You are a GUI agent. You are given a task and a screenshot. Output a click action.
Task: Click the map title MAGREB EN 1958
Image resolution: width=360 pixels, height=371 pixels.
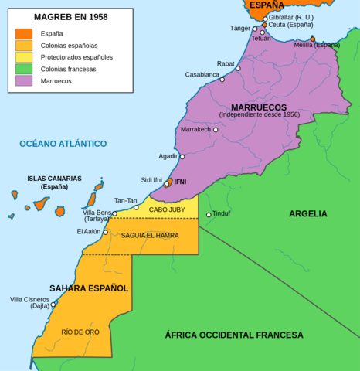70,16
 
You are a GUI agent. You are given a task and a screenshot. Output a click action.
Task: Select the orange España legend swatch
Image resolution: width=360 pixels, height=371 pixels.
23,33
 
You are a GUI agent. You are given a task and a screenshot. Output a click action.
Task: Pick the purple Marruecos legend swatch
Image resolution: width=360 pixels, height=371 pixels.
23,80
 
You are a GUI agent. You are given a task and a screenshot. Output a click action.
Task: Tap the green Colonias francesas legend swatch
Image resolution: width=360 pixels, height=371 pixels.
23,68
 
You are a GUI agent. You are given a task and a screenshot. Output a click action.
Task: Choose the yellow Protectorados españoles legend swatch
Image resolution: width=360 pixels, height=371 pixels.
23,56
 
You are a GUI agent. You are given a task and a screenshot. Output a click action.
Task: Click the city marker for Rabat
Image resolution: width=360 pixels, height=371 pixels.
238,68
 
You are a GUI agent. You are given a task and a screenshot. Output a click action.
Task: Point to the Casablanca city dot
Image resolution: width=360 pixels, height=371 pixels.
222,80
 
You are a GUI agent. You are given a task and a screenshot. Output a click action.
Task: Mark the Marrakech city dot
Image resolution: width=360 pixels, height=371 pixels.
216,130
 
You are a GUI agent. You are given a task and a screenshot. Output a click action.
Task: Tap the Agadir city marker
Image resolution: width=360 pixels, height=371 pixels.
182,156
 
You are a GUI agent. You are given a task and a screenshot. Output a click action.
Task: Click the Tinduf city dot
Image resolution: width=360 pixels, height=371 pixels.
209,214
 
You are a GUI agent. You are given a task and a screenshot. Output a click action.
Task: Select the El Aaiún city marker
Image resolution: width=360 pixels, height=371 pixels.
106,232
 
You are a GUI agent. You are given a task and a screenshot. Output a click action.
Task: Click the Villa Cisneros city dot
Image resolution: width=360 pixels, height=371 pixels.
53,304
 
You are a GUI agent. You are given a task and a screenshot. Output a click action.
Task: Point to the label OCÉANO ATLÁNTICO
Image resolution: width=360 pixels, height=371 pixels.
63,144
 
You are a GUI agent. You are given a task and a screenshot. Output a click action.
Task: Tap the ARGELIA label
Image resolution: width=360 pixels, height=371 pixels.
308,213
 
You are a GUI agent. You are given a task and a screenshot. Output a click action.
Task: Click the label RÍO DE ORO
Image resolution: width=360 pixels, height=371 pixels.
80,332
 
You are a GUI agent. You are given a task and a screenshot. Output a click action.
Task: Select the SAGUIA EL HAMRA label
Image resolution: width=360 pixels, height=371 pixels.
149,235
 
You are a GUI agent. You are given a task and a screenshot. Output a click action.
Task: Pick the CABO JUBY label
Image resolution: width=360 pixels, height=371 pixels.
167,209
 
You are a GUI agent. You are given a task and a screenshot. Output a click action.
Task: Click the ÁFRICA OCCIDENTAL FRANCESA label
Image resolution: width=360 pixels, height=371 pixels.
233,335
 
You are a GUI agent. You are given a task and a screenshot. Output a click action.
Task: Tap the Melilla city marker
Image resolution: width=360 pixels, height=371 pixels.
313,39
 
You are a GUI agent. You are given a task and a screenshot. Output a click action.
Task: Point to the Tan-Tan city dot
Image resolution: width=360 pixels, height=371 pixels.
136,207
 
